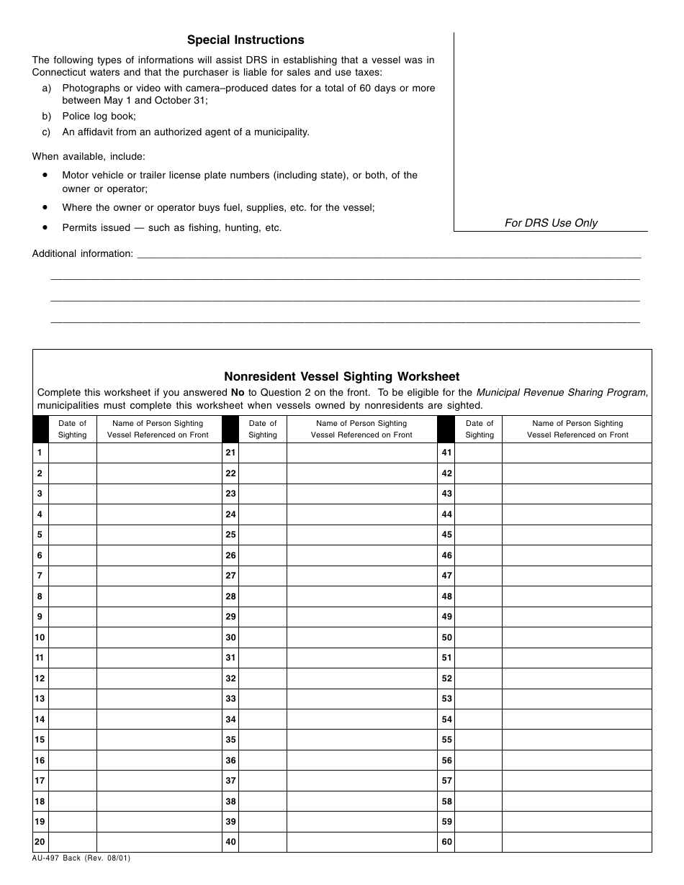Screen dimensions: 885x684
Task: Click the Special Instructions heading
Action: [246, 40]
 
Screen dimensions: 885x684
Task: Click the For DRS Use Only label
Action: [551, 223]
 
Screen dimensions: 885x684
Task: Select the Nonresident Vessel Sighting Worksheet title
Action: [341, 376]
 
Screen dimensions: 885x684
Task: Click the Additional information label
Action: [83, 253]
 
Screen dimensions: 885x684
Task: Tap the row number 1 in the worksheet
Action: [40, 453]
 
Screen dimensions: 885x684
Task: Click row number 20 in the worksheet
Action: [40, 842]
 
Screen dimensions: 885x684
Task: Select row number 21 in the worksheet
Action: [230, 453]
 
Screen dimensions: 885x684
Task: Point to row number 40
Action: [230, 842]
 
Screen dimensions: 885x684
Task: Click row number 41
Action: [446, 453]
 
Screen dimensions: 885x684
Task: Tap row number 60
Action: [446, 842]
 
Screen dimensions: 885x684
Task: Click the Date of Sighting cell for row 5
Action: [72, 535]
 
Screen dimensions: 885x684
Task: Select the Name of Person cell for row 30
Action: [361, 637]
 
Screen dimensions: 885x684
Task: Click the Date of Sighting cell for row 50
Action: [479, 637]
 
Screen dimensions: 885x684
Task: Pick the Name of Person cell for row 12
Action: [158, 678]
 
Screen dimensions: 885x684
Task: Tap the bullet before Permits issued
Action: [45, 227]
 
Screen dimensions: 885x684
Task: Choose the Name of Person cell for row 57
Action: [577, 781]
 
